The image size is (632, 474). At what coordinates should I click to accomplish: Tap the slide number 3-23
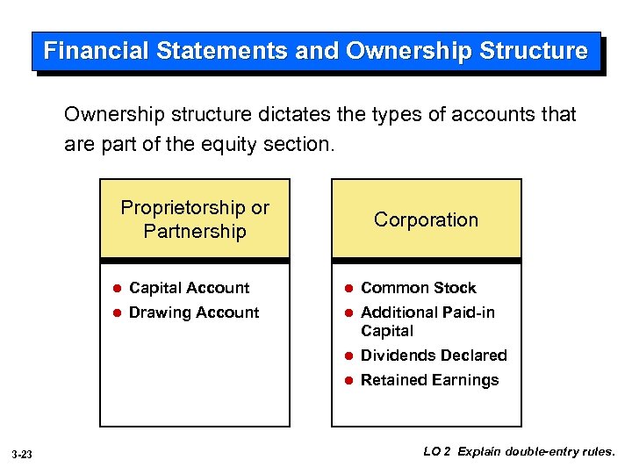coord(23,454)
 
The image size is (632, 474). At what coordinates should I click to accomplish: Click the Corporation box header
coord(426,219)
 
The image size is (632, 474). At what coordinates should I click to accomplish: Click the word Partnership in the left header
coord(195,232)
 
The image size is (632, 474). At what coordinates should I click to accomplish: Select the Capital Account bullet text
coord(189,288)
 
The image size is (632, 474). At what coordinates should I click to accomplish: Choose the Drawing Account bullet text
coord(194,312)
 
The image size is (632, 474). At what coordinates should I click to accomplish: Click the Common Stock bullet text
coord(418,288)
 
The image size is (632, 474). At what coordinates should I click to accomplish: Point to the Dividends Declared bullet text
coord(434,355)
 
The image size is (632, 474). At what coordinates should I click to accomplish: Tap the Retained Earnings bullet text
coord(429,380)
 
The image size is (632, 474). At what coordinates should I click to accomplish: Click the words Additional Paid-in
coord(427,312)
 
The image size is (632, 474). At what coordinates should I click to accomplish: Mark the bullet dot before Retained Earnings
coord(348,381)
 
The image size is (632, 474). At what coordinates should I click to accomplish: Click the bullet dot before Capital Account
coord(116,289)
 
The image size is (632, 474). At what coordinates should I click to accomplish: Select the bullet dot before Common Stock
coord(348,289)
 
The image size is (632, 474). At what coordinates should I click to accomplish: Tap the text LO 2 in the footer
coord(437,452)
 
